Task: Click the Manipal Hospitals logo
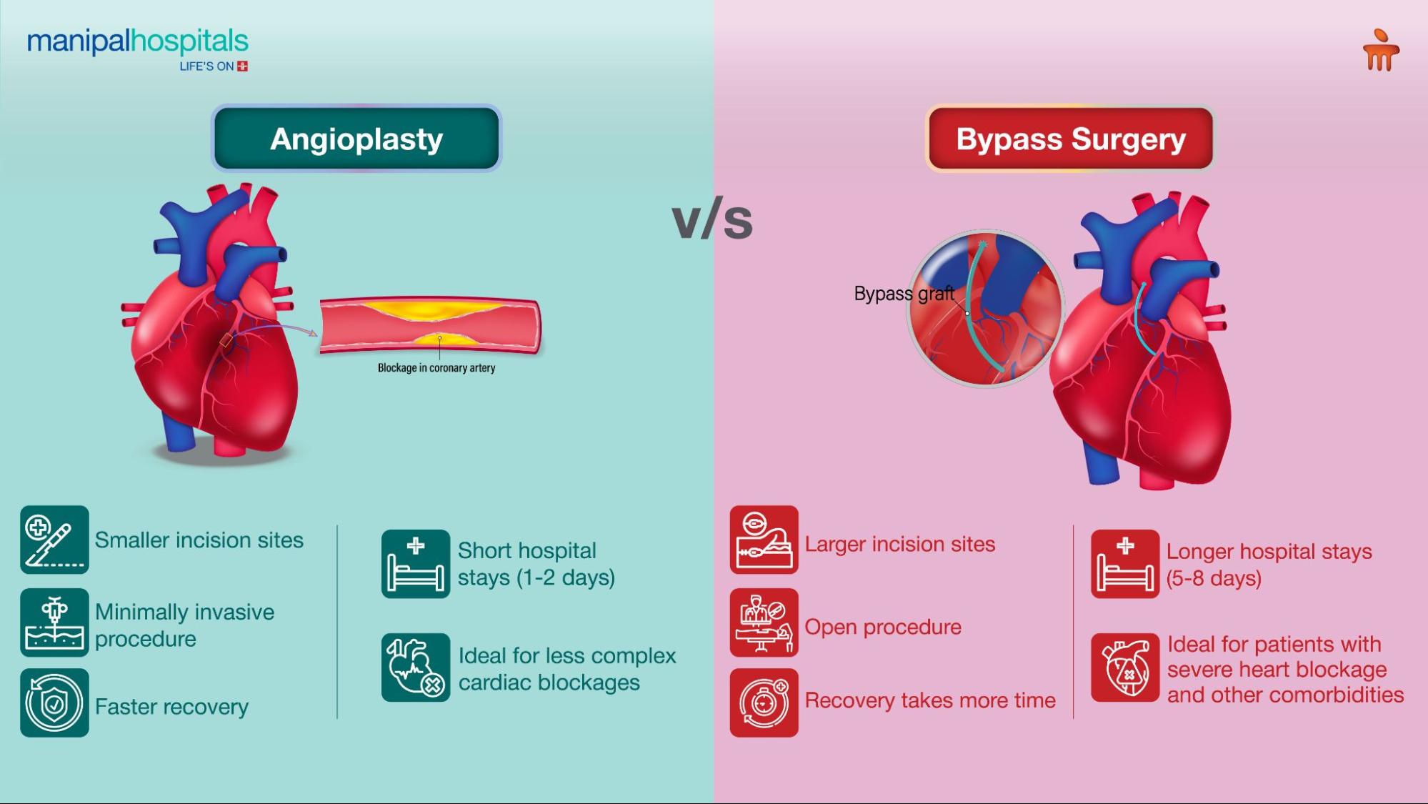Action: click(x=138, y=49)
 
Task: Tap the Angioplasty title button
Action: click(x=356, y=139)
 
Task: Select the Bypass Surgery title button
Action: click(x=1070, y=139)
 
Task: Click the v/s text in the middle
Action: click(x=712, y=219)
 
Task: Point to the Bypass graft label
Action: click(x=904, y=294)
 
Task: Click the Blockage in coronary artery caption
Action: click(x=436, y=368)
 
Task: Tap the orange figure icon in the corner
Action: click(x=1380, y=51)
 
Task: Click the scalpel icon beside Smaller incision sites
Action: click(x=54, y=540)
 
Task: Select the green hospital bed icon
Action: click(x=415, y=564)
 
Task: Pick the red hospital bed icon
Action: click(x=1124, y=564)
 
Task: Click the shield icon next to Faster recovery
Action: click(x=54, y=703)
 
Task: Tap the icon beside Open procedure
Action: click(x=764, y=622)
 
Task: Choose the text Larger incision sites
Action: click(x=899, y=544)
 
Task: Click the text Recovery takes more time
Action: click(x=929, y=700)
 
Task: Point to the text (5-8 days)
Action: click(x=1213, y=578)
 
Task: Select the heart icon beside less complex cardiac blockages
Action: click(x=415, y=667)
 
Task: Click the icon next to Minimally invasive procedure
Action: click(x=54, y=622)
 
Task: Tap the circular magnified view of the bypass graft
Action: click(x=985, y=309)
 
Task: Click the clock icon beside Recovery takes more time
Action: click(x=764, y=703)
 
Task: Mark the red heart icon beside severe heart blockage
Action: click(x=1124, y=667)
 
